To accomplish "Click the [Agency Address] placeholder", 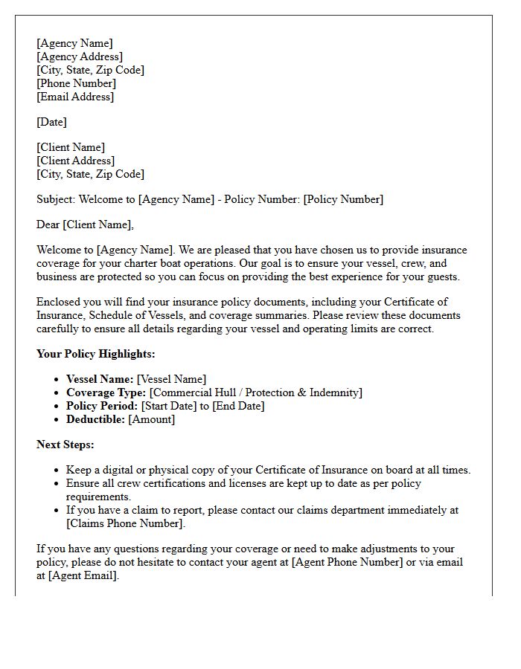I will point(80,56).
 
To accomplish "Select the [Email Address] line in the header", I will point(75,97).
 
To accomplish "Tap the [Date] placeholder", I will point(51,122).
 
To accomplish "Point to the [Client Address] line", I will point(75,161).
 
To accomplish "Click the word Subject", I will point(56,199).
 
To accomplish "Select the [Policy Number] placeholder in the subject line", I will point(343,199).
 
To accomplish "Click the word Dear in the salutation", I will point(48,224).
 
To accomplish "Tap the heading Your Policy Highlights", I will point(96,354).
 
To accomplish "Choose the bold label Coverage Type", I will point(106,392).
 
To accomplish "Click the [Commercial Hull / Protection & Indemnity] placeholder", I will point(256,392).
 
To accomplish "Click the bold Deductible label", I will point(95,419).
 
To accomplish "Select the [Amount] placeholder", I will point(152,419).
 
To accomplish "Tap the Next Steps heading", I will point(65,445).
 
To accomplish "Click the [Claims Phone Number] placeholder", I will point(125,523).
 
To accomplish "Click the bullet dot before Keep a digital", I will point(57,471).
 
